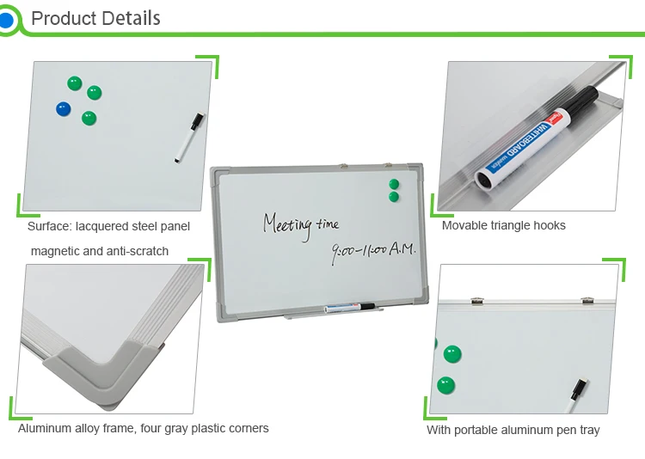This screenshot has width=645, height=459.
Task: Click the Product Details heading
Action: [95, 18]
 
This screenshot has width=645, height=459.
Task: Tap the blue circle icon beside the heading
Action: [7, 19]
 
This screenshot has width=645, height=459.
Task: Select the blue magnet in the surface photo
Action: [63, 109]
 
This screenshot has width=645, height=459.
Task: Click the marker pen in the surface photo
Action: [189, 137]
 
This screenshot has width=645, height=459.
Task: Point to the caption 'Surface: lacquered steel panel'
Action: [108, 226]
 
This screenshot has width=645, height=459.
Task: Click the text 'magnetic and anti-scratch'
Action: [100, 251]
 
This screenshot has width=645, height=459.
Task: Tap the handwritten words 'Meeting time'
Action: [300, 224]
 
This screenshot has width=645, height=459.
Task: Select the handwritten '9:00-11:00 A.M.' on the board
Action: [373, 249]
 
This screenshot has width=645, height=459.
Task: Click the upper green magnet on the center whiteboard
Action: [395, 184]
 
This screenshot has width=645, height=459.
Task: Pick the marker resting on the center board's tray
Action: [348, 307]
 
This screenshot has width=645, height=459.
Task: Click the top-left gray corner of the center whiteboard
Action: [219, 178]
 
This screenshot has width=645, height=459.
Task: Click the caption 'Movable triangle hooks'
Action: [503, 225]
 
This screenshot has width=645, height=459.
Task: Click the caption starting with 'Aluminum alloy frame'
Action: [144, 428]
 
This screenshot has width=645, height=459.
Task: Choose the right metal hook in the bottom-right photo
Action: [587, 300]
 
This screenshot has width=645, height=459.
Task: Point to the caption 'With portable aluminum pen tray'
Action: [513, 430]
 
